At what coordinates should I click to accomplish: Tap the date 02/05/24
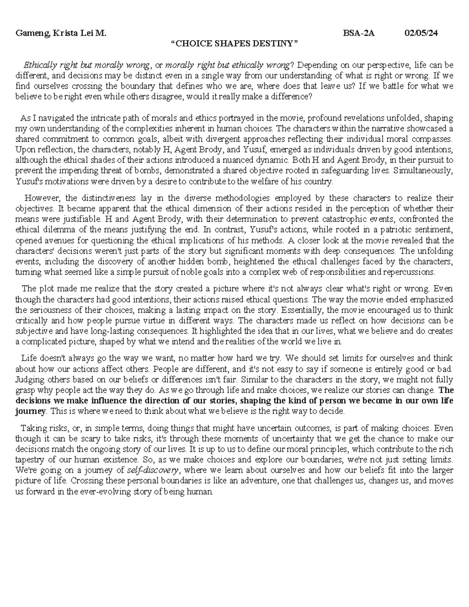421,34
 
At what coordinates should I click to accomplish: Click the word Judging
28,379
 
